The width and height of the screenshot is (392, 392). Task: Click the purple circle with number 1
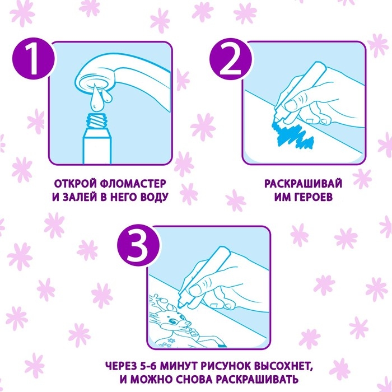[x=33, y=59]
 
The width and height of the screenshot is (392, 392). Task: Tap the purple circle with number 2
[x=231, y=59]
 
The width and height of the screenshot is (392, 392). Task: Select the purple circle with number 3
[x=138, y=244]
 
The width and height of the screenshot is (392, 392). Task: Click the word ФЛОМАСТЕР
[x=133, y=184]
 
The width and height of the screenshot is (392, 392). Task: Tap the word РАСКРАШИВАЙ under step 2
[x=303, y=184]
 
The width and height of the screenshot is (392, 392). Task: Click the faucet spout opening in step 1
[x=94, y=84]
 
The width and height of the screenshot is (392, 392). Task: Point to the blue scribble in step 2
[x=291, y=136]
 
